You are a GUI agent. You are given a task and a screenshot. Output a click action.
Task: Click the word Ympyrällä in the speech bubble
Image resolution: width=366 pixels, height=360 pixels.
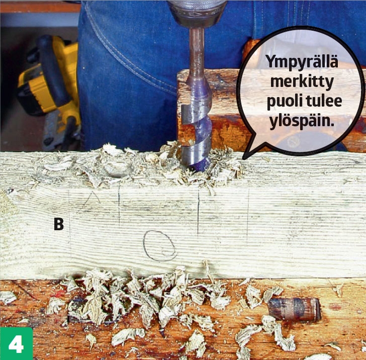(x=302, y=62)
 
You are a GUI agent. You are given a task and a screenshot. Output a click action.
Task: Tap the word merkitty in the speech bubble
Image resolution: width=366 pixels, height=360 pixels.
(x=302, y=81)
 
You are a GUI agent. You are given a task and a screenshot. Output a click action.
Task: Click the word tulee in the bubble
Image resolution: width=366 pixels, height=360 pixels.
(x=324, y=101)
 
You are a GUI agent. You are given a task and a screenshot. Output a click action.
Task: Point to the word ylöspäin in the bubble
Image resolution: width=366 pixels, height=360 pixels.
(x=301, y=121)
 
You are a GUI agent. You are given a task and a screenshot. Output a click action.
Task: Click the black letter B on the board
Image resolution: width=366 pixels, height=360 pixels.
(x=59, y=224)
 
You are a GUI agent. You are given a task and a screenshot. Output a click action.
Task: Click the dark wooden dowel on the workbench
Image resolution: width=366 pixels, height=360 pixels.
(x=294, y=309)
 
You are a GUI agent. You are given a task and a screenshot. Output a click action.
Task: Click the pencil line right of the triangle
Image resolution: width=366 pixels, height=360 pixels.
(x=119, y=206)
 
